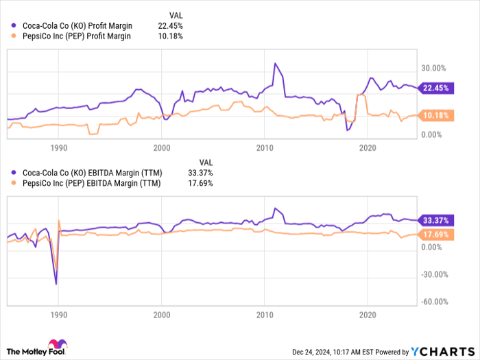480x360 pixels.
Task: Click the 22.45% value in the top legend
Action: point(170,26)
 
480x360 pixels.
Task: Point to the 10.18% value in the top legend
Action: point(170,36)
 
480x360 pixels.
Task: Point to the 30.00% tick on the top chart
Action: point(433,68)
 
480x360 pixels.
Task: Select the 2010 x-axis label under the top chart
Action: point(265,147)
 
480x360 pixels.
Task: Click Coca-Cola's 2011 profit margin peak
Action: point(275,64)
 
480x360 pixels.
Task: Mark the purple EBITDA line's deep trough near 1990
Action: point(56,283)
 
